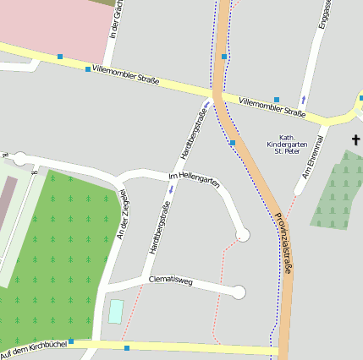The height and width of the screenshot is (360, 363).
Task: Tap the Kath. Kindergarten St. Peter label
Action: [286, 145]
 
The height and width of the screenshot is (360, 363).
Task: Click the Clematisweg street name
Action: [172, 279]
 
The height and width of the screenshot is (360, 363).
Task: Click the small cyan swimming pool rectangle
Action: [115, 310]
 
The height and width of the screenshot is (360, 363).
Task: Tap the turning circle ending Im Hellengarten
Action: [244, 234]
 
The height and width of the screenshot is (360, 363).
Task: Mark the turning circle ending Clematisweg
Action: [239, 292]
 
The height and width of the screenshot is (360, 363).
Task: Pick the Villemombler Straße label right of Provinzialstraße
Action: [272, 106]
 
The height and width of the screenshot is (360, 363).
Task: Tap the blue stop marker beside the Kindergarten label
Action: [232, 143]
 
